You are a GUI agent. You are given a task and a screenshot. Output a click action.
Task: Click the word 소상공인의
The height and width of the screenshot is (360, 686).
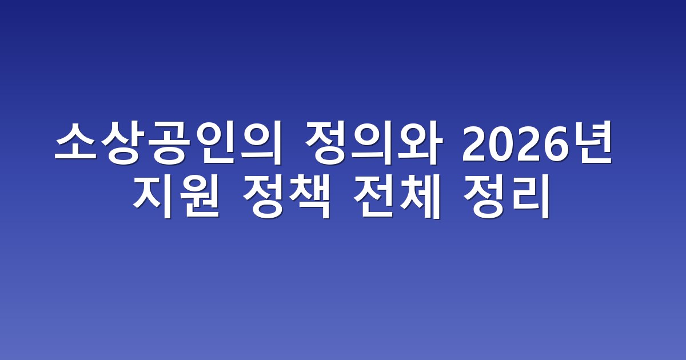169,143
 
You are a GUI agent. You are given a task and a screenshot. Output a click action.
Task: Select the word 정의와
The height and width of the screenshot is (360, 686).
374,143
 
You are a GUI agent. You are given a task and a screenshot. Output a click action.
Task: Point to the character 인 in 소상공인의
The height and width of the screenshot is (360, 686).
214,143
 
